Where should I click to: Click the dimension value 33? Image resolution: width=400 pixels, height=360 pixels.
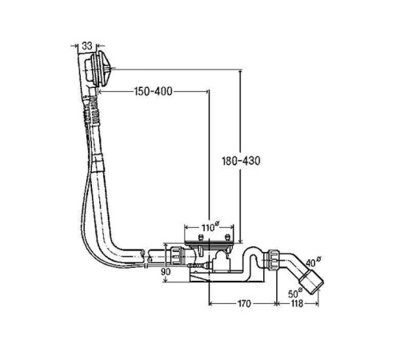click(87, 46)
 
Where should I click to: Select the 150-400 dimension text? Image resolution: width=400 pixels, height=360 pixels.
click(154, 91)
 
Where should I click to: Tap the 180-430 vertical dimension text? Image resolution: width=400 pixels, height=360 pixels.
click(241, 161)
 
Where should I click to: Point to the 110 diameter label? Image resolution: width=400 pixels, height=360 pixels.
click(210, 227)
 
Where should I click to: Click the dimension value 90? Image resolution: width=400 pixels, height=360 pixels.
click(166, 272)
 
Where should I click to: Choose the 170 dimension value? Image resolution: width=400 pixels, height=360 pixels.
click(244, 303)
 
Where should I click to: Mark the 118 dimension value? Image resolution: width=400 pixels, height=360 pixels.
click(297, 303)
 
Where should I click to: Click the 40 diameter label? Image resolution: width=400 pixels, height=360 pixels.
click(313, 262)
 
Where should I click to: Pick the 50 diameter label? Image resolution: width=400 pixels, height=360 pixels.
click(295, 293)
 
